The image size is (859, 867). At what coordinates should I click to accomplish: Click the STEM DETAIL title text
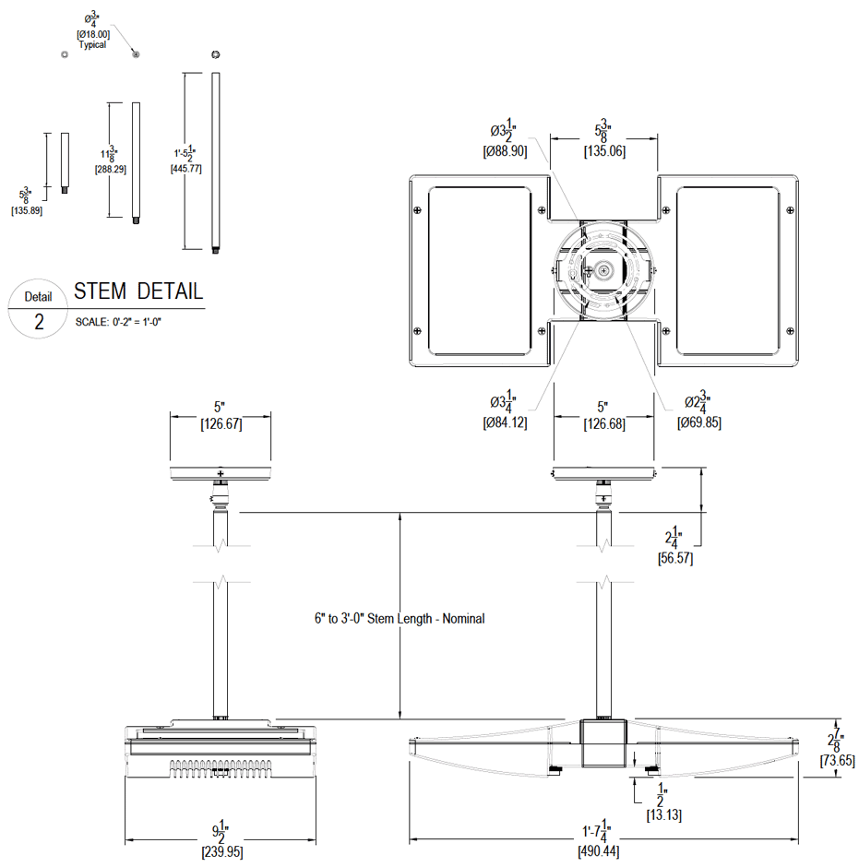coord(138,291)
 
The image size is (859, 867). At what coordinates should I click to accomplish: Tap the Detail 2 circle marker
coord(39,310)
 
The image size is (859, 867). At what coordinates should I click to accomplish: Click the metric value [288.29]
coord(111,170)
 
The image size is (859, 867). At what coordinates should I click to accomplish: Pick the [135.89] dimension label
coord(27,211)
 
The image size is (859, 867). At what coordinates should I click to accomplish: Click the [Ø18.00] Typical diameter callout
coord(92,34)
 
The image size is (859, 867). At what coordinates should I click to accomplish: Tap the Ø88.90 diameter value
coord(505,150)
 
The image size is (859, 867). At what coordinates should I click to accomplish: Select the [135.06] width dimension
coord(604,150)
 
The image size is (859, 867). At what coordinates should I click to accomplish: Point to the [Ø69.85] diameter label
coord(698,422)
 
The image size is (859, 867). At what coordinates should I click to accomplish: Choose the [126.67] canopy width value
coord(221,424)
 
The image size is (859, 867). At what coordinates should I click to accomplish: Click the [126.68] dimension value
coord(603,424)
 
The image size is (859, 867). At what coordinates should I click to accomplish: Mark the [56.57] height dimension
coord(674,558)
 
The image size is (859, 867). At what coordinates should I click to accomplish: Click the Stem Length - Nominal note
coord(400,619)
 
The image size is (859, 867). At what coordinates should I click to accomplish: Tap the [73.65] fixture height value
coord(837,761)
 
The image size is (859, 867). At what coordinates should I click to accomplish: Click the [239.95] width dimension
coord(221,853)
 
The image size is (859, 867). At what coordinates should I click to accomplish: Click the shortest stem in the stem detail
coord(65,162)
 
